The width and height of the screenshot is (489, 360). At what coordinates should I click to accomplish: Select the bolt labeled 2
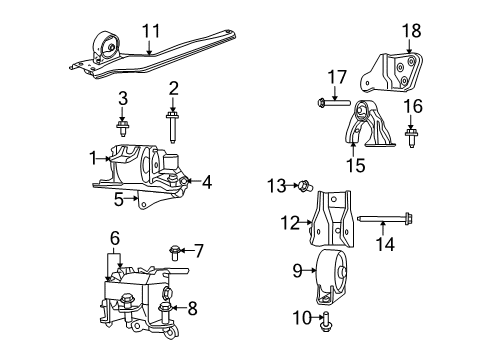(174, 131)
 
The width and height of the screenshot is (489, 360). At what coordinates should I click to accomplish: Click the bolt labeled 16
(411, 130)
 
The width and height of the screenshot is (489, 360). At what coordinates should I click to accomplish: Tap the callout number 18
(412, 31)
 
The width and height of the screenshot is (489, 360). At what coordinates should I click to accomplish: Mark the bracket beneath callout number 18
(394, 70)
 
